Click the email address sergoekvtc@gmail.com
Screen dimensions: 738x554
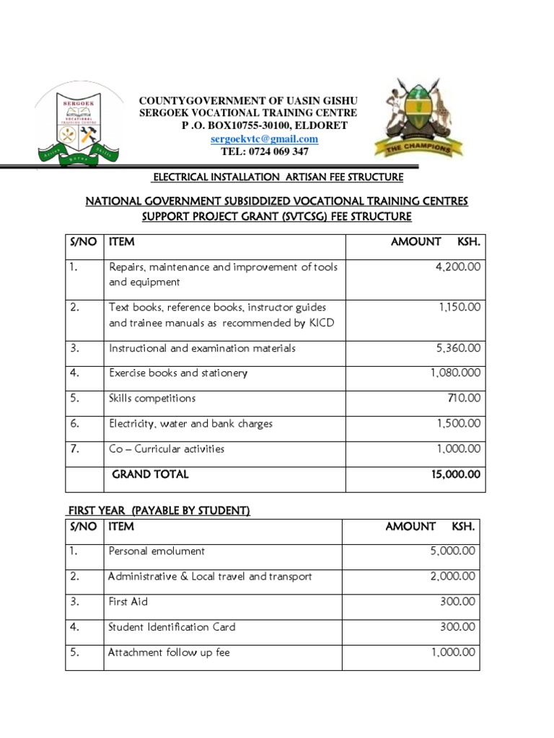[264, 138]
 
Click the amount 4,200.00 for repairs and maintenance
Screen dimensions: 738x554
[457, 267]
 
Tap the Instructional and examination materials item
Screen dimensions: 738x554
[202, 348]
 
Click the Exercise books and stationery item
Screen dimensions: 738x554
[177, 373]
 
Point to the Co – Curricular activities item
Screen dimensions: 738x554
[167, 449]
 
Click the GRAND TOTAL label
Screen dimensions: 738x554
[150, 474]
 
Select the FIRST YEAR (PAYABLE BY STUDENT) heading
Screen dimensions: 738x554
[159, 511]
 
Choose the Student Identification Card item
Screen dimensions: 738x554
[172, 627]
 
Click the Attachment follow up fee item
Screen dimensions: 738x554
[169, 652]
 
